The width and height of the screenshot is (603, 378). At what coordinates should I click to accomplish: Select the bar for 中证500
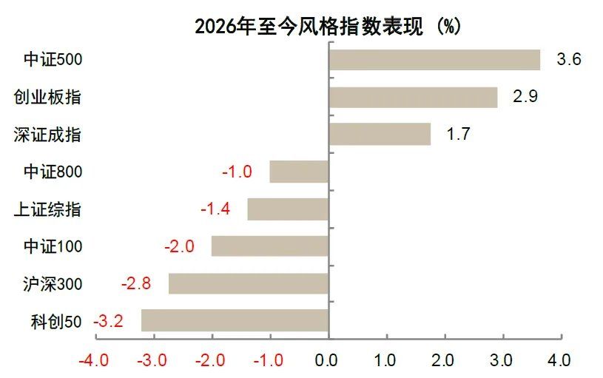[x=434, y=60]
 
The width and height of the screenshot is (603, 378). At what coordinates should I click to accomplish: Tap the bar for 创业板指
[x=413, y=97]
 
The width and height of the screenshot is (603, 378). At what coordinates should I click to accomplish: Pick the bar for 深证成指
[x=380, y=134]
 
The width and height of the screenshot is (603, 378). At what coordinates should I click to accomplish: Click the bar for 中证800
[x=299, y=172]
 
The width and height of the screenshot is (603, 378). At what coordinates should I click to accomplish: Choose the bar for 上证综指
[x=288, y=209]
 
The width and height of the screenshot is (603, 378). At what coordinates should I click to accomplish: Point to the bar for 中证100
[x=270, y=246]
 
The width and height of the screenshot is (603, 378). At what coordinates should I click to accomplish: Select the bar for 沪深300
[x=249, y=284]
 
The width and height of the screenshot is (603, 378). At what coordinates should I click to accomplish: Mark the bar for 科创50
[x=235, y=321]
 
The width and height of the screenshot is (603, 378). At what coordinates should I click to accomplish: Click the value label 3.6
[x=568, y=60]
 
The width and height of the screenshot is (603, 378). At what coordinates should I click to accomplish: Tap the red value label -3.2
[x=108, y=322]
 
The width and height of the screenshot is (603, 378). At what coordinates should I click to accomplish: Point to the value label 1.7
[x=458, y=135]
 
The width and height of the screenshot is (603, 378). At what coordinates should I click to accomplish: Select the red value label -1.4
[x=215, y=209]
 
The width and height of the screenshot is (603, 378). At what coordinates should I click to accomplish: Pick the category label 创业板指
[x=48, y=97]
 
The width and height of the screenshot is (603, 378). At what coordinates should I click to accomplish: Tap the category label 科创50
[x=58, y=322]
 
